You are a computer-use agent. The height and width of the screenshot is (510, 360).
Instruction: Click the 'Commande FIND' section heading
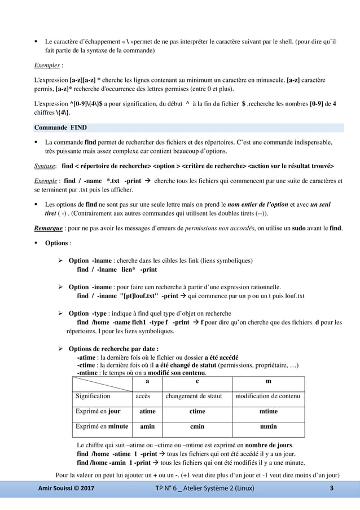click(60, 127)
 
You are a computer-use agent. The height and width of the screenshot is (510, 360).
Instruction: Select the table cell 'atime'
click(147, 412)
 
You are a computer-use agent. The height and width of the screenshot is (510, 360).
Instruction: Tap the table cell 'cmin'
click(197, 427)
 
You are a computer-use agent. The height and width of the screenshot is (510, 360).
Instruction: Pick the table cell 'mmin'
click(268, 427)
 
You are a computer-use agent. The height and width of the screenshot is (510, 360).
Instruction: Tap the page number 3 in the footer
click(332, 488)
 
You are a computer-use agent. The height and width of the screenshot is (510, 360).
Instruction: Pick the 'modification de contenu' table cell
click(268, 396)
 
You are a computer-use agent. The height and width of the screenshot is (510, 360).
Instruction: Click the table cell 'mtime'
click(268, 412)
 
